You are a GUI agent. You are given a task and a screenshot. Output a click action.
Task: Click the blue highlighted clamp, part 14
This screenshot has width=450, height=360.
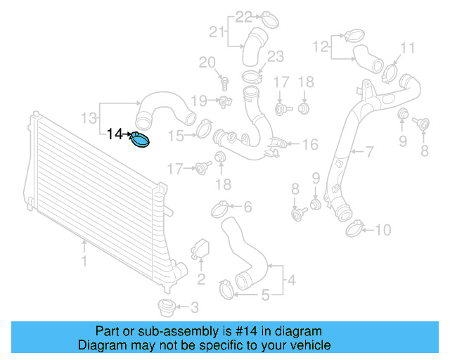point(141,140)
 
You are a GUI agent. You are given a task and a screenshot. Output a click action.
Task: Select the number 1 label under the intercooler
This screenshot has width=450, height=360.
point(84,262)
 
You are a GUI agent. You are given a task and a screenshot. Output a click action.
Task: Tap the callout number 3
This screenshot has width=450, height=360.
point(195,307)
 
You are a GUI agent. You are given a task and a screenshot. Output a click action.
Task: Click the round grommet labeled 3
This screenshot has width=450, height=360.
point(166,308)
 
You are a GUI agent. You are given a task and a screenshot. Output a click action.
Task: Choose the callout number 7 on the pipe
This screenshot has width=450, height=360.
point(369,151)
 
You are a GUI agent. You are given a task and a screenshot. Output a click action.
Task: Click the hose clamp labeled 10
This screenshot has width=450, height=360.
point(355,226)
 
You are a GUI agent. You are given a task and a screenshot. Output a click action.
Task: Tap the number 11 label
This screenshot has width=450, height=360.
point(408,48)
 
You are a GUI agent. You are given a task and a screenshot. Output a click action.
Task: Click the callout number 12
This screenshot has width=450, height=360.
point(320,47)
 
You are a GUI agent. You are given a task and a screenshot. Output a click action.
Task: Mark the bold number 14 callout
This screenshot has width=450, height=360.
point(115,133)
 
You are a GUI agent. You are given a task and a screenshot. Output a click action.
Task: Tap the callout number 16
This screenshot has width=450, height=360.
point(309,145)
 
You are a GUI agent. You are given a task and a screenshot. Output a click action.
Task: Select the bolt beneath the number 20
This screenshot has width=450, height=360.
point(224,84)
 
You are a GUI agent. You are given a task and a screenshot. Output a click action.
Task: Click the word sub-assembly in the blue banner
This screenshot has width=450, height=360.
point(169,330)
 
